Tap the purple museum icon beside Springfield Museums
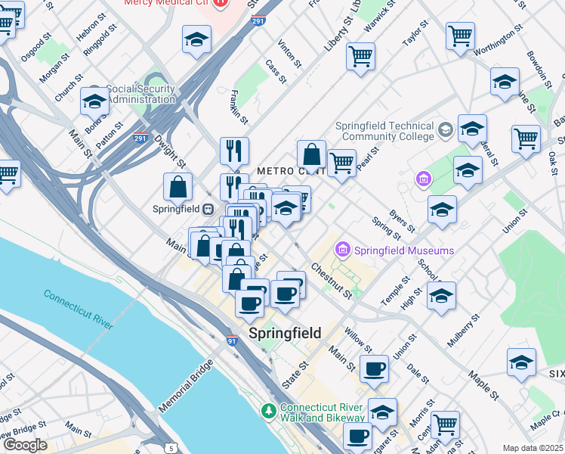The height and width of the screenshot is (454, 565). (x=343, y=249)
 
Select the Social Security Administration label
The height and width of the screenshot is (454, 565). (x=141, y=94)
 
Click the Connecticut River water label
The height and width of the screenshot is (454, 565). (x=78, y=309)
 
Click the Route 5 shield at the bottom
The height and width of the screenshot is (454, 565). (x=171, y=449)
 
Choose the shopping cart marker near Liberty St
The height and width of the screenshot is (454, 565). (x=361, y=56)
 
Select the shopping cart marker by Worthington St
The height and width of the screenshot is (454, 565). (x=460, y=36)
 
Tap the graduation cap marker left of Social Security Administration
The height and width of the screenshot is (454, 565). (x=95, y=100)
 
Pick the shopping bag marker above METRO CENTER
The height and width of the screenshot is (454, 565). (x=311, y=154)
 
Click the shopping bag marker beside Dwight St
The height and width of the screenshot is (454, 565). (x=178, y=187)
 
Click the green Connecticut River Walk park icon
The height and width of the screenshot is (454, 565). (x=268, y=411)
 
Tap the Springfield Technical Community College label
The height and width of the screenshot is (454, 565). (x=388, y=132)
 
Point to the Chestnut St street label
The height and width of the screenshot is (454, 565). (x=331, y=281)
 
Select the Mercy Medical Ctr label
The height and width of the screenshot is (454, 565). (x=171, y=3)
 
